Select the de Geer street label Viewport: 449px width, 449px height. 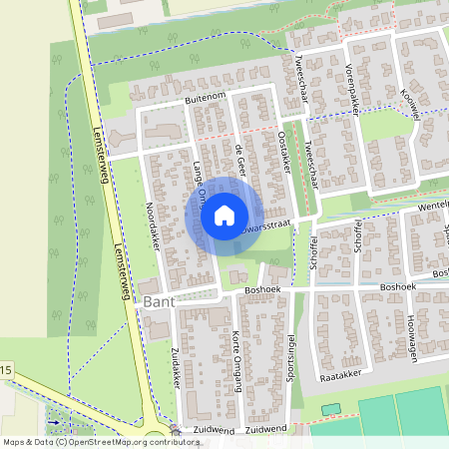click(x=239, y=160)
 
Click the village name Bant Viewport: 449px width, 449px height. click(x=160, y=300)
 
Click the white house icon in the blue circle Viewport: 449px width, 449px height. click(x=224, y=215)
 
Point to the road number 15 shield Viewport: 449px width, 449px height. click(x=6, y=371)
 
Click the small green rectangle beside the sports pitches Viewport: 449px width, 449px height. click(x=330, y=408)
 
